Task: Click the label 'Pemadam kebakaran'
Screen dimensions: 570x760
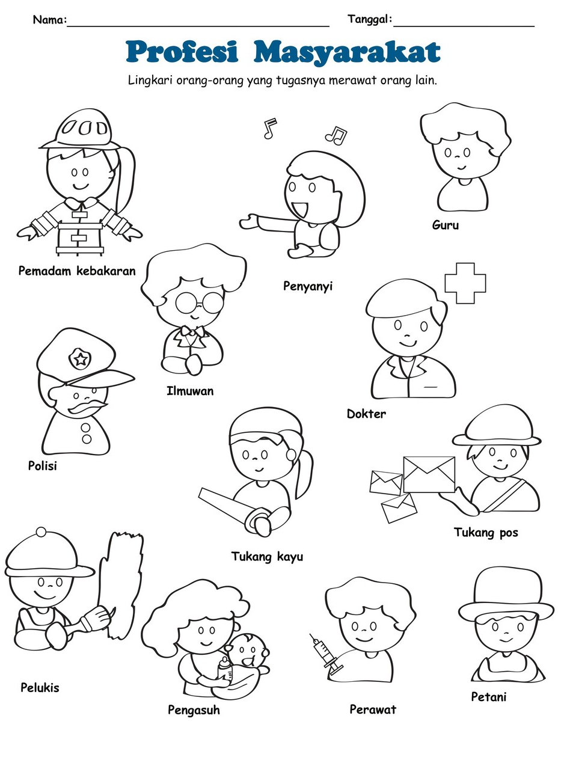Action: tap(77, 271)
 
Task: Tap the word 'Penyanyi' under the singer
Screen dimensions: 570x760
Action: tap(308, 286)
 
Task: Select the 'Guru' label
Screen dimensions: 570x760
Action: tap(446, 225)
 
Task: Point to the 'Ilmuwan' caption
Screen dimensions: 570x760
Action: tap(190, 391)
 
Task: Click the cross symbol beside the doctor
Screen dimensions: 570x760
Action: tap(465, 283)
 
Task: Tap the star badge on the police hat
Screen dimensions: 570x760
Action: tap(81, 360)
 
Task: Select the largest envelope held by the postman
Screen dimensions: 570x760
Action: tap(429, 474)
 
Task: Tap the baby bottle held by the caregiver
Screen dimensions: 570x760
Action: tap(225, 670)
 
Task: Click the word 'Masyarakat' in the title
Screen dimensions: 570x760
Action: tap(347, 52)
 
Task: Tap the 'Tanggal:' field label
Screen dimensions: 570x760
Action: tap(370, 19)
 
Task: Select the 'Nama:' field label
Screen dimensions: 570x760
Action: tap(50, 20)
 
